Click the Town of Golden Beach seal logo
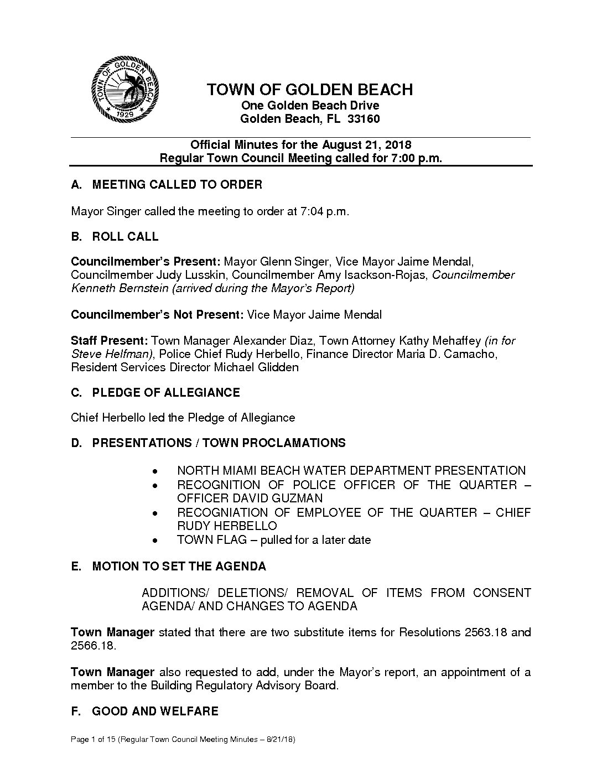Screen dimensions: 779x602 coord(126,90)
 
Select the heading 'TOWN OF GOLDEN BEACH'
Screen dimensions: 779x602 coord(310,90)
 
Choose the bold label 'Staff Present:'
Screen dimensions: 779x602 coord(109,341)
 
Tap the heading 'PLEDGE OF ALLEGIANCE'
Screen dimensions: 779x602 coord(165,393)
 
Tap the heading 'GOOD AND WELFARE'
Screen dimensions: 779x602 coord(155,711)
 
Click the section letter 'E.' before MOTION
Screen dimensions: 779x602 coord(76,567)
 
